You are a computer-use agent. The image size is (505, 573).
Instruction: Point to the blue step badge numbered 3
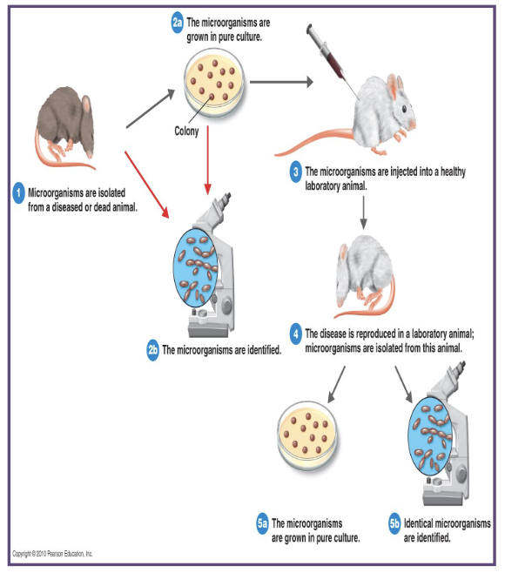pyautogui.click(x=295, y=172)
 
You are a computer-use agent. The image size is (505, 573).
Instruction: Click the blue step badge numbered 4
pyautogui.click(x=295, y=334)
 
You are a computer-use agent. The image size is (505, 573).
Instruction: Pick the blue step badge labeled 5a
pyautogui.click(x=262, y=523)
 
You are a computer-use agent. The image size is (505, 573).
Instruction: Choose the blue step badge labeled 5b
pyautogui.click(x=394, y=523)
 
